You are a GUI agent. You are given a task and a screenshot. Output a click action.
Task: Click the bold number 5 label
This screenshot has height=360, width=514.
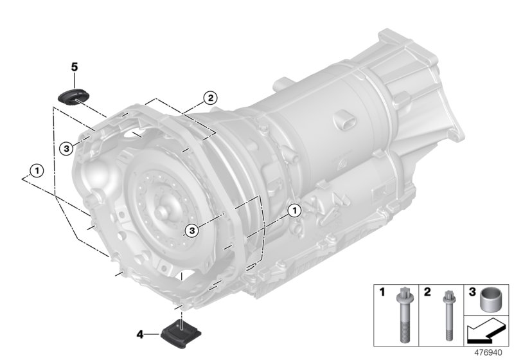click(74, 67)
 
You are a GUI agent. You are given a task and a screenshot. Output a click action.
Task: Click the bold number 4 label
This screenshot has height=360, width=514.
click(140, 334)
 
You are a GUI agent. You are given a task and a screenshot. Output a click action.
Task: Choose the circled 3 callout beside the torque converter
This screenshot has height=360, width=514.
click(190, 230)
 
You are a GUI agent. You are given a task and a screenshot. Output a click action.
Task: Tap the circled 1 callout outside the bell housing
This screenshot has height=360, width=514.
click(37, 170)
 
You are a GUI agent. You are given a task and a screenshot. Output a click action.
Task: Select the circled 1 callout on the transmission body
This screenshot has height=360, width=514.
click(294, 210)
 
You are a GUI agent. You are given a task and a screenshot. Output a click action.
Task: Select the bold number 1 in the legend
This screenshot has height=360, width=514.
click(382, 292)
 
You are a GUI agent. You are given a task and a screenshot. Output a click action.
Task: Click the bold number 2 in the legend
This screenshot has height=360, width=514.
click(427, 292)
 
